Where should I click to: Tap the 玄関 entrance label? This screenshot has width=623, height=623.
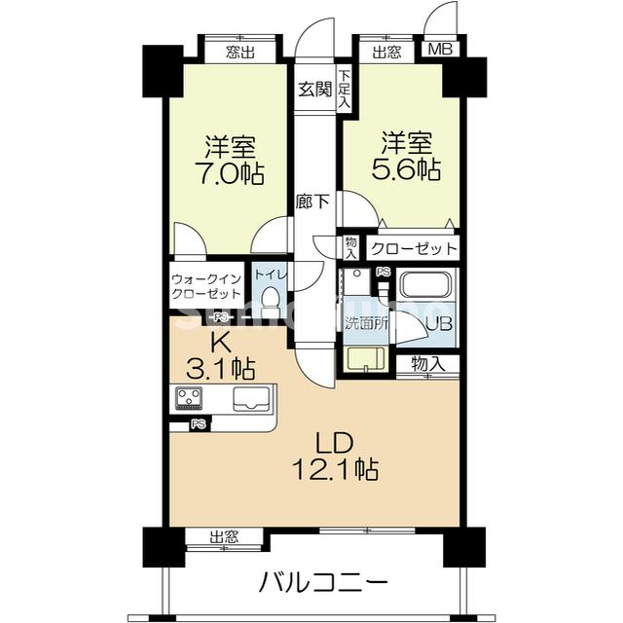point(314,90)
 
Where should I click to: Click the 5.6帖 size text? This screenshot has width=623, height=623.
point(408,168)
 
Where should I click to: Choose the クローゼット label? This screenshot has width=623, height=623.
point(413,247)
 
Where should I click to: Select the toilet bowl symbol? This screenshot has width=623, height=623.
point(272,297)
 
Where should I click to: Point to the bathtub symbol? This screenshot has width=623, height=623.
point(426,287)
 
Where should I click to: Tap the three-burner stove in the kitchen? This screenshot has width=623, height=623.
point(190,396)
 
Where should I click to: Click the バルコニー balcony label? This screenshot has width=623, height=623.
point(324,582)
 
